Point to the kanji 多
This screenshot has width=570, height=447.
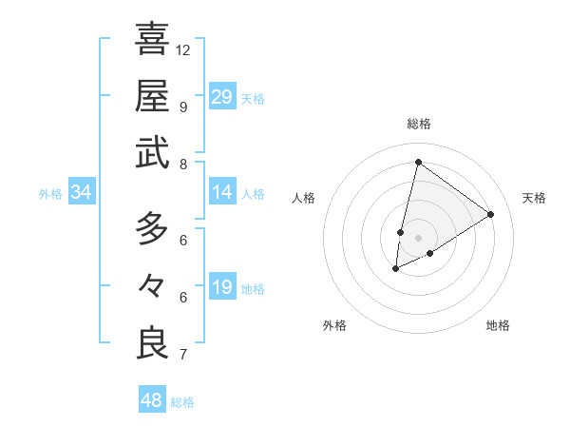click(x=153, y=228)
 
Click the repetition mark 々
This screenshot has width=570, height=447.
click(x=153, y=285)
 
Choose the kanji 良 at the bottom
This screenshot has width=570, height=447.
click(x=153, y=342)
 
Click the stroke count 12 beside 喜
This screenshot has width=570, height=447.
click(x=183, y=49)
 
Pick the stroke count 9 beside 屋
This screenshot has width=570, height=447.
click(x=182, y=107)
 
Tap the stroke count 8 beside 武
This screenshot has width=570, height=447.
click(x=182, y=164)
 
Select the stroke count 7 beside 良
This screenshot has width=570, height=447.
click(x=182, y=355)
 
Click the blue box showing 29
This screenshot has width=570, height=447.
click(x=222, y=96)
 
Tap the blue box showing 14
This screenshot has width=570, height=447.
click(x=222, y=193)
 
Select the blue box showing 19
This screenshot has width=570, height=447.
click(x=222, y=288)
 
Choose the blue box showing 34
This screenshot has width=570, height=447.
click(x=82, y=193)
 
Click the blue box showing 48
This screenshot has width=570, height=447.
click(x=152, y=400)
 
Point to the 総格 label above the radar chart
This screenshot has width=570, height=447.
click(x=419, y=124)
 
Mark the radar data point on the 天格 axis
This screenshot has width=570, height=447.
click(x=491, y=214)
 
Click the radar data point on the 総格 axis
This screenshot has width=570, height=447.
click(x=418, y=162)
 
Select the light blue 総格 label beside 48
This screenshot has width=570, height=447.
click(x=182, y=402)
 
